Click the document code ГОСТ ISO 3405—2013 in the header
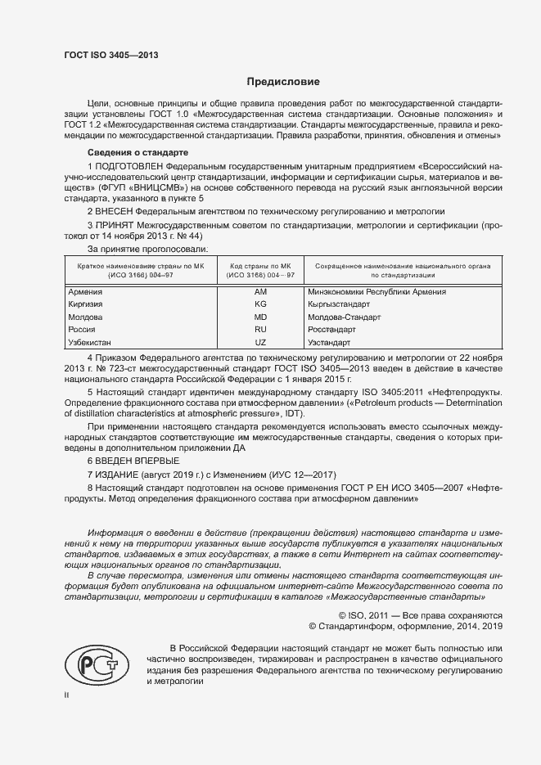[x=110, y=55]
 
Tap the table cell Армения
[x=85, y=291]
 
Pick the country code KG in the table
[x=261, y=304]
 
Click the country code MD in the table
[x=261, y=316]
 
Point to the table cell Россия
[x=82, y=328]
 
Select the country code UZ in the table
[x=261, y=341]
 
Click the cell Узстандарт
[x=329, y=341]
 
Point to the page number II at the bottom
[x=67, y=694]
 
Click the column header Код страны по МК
[x=261, y=267]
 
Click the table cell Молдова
[x=86, y=316]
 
